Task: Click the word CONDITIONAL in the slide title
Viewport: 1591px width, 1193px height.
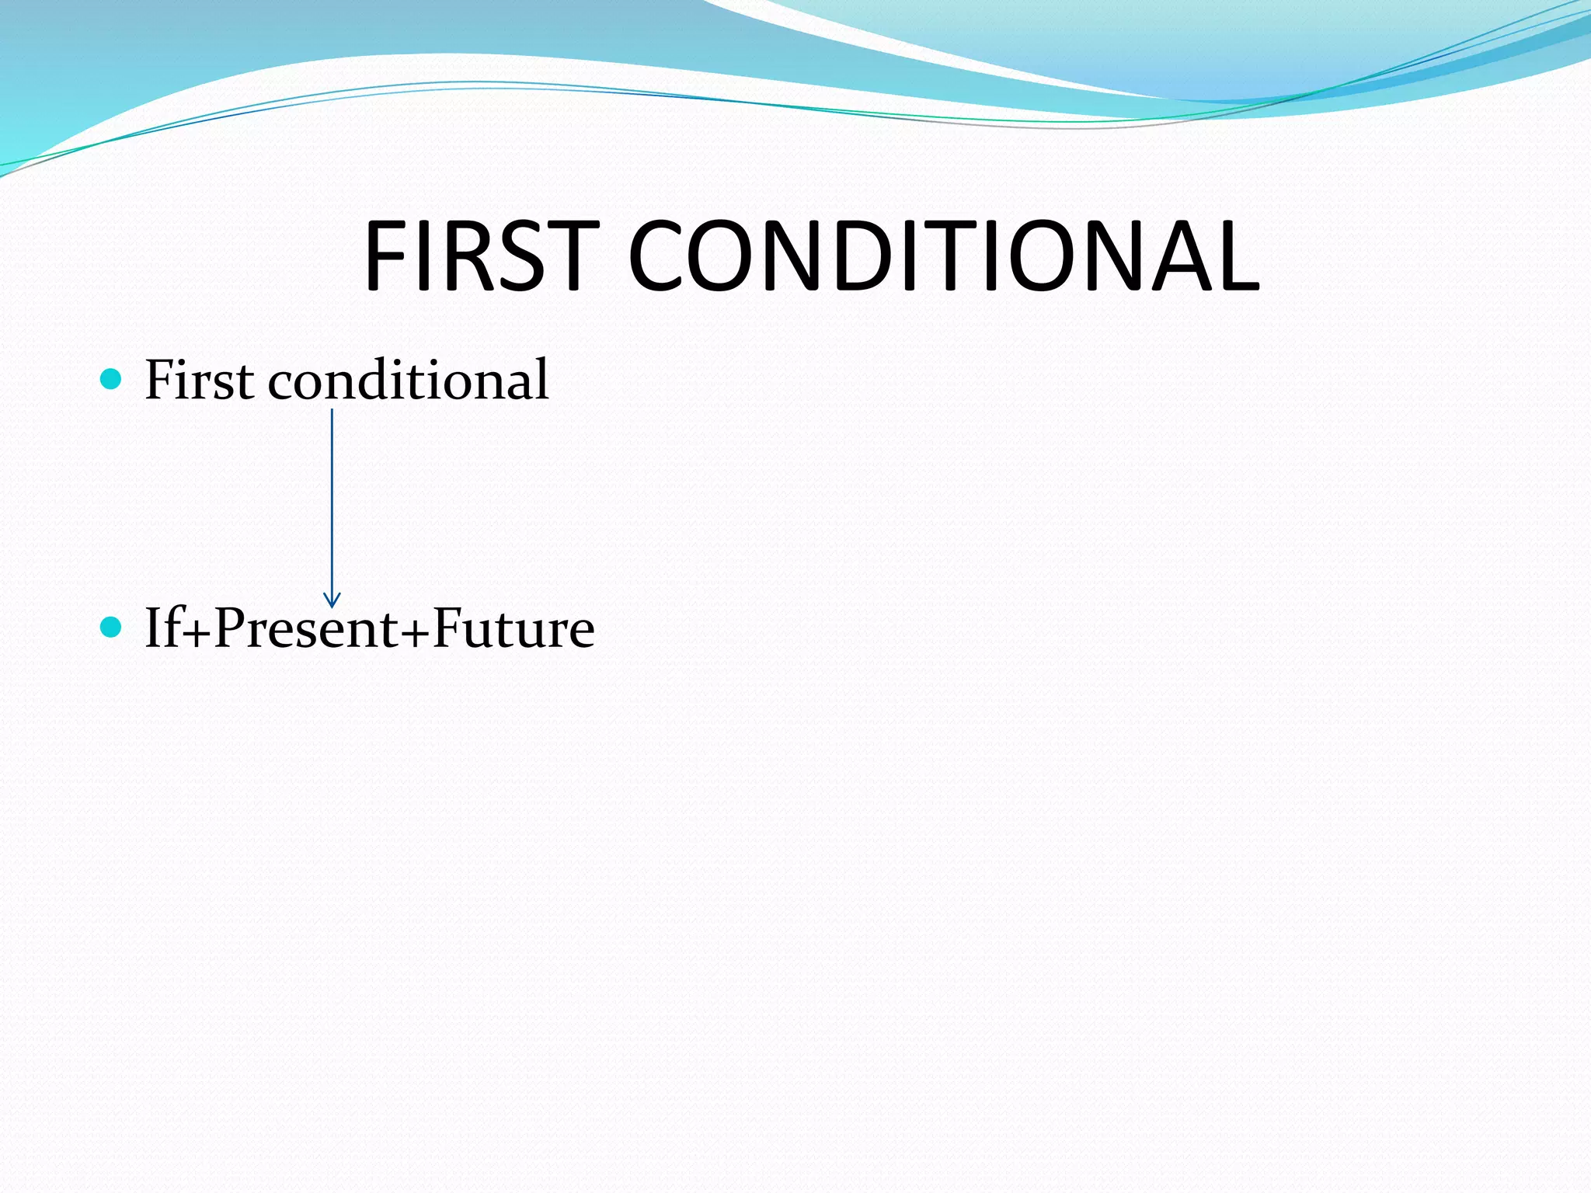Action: (x=943, y=256)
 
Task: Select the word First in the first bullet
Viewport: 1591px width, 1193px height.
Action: (x=199, y=380)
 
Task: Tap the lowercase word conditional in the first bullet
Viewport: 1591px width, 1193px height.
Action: (x=409, y=380)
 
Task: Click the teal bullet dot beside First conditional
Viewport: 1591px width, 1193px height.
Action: (x=112, y=379)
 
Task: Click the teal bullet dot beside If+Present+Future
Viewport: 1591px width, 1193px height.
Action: (x=112, y=627)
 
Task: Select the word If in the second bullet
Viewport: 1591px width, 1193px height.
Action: (x=162, y=628)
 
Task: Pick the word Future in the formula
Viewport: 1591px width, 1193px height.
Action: (x=514, y=628)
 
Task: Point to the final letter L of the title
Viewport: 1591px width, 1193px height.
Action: (x=1235, y=256)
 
